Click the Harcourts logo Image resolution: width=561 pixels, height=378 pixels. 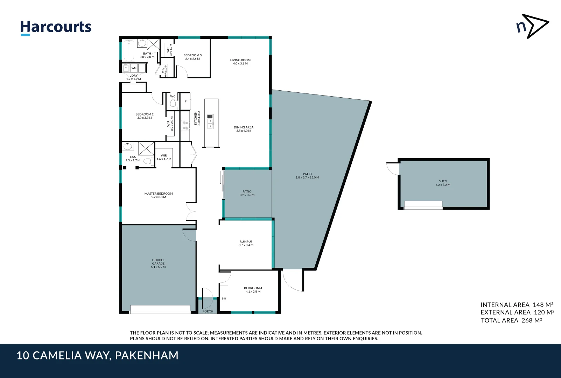pyautogui.click(x=56, y=27)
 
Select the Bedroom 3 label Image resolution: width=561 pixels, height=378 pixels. pyautogui.click(x=192, y=55)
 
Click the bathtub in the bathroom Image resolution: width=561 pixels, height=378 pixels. pyautogui.click(x=129, y=51)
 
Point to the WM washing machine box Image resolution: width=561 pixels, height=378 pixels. pyautogui.click(x=134, y=68)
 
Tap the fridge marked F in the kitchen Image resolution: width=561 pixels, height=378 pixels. pyautogui.click(x=185, y=101)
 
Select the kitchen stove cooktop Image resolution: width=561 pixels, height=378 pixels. pyautogui.click(x=185, y=125)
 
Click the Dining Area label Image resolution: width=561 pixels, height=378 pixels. pyautogui.click(x=244, y=127)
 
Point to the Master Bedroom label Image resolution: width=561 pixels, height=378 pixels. pyautogui.click(x=159, y=194)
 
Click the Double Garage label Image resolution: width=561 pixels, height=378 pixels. pyautogui.click(x=158, y=262)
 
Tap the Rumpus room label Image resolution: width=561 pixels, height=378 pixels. pyautogui.click(x=246, y=241)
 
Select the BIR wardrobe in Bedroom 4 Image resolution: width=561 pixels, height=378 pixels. pyautogui.click(x=224, y=299)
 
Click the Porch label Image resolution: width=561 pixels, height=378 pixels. pyautogui.click(x=208, y=311)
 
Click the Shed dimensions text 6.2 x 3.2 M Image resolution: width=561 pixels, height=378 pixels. pyautogui.click(x=443, y=185)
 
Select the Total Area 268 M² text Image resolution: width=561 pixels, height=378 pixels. pyautogui.click(x=511, y=320)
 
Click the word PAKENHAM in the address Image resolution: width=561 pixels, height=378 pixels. pyautogui.click(x=147, y=356)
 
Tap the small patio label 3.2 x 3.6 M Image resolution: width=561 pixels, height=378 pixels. pyautogui.click(x=247, y=195)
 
